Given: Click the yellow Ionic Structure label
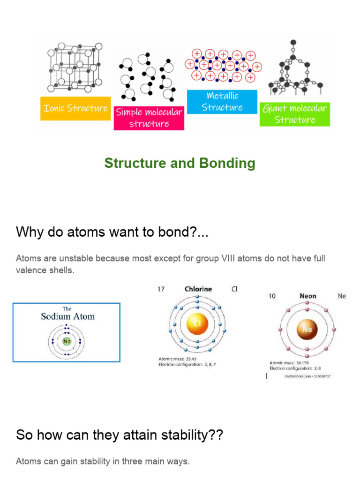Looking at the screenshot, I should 75,108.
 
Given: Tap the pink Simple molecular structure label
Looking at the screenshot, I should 149,118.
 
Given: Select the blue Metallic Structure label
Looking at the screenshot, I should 222,102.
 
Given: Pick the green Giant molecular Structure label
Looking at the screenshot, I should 295,114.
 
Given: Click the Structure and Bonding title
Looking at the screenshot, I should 180,163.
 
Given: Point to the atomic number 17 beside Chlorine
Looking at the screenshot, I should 162,289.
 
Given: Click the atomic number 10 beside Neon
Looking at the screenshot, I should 271,296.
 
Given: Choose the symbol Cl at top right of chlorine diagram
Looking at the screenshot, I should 234,289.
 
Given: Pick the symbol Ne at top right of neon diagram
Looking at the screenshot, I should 342,296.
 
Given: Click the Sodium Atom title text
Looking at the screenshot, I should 67,316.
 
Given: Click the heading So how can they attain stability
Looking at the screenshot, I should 120,435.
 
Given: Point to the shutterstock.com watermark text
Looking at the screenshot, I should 300,376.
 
